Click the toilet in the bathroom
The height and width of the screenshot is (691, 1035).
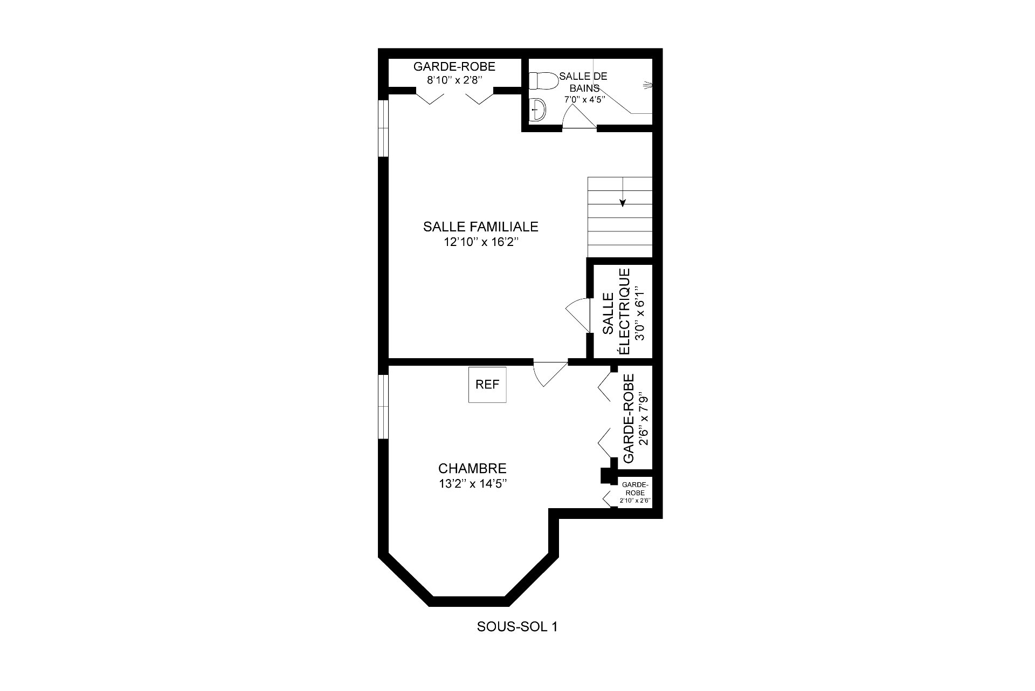[543, 81]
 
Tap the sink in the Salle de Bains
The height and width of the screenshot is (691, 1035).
[538, 111]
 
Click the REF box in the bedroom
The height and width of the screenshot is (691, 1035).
[487, 385]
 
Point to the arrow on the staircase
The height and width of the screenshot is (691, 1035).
[623, 192]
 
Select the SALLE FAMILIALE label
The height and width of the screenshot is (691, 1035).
[481, 227]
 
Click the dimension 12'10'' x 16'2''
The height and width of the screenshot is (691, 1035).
[481, 242]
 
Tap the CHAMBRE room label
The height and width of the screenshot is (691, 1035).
[472, 468]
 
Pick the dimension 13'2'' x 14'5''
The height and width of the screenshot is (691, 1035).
[472, 484]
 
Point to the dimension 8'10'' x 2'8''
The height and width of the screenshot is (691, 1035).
[454, 80]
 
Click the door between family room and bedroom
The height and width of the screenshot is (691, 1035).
[550, 373]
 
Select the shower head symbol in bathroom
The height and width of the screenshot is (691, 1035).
[647, 85]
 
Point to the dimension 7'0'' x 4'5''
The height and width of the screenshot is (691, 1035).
[584, 99]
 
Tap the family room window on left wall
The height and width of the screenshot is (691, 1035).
[383, 128]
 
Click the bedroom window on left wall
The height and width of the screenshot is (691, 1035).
[383, 407]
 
